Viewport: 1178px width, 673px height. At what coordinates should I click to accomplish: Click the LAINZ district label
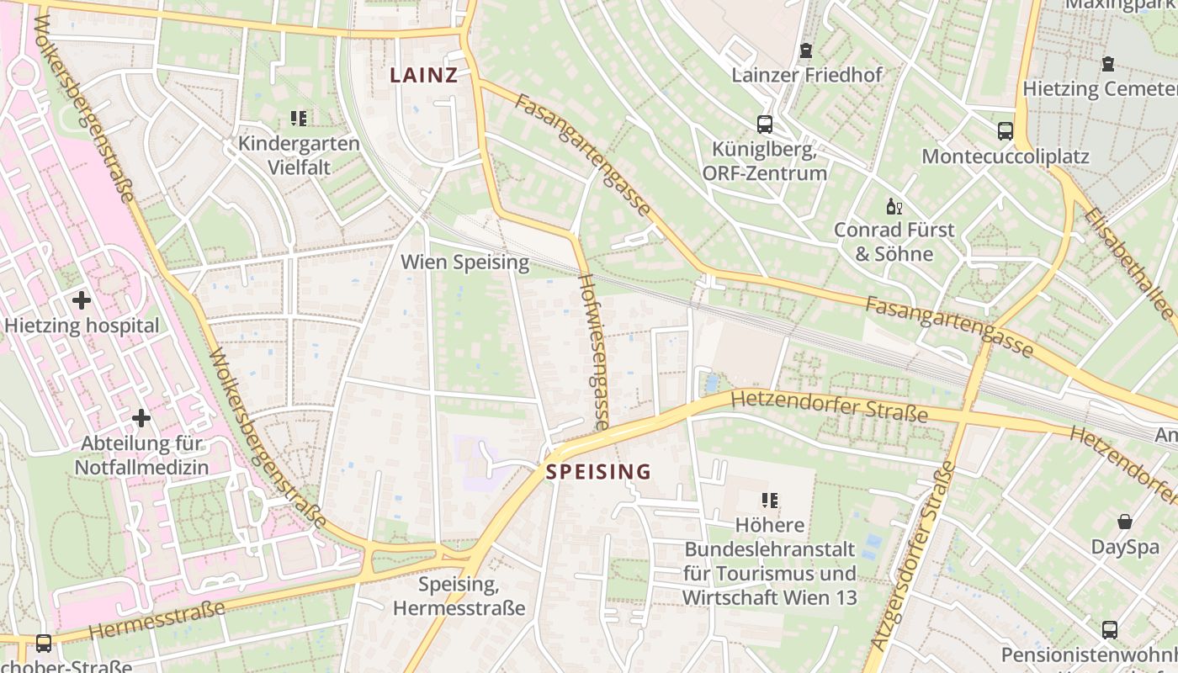click(423, 75)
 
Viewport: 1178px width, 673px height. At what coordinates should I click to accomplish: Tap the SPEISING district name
click(598, 472)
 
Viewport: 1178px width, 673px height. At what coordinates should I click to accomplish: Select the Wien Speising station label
click(464, 262)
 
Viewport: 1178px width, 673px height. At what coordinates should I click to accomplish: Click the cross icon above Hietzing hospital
click(82, 299)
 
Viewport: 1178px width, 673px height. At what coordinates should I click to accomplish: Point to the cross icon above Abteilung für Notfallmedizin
click(141, 417)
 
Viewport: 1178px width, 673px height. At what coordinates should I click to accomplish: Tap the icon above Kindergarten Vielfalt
click(299, 119)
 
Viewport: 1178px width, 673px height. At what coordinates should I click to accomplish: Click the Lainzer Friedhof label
click(806, 75)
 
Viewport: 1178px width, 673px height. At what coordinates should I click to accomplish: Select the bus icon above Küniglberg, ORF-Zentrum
click(765, 125)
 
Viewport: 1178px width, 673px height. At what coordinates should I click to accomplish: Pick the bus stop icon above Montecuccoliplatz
click(1006, 130)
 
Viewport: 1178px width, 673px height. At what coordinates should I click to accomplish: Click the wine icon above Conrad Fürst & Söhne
click(894, 206)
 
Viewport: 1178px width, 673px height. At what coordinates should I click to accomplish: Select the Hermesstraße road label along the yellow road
click(157, 618)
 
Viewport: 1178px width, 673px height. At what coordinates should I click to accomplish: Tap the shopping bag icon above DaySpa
click(1125, 522)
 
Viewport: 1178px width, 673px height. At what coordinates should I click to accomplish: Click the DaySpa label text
click(1125, 548)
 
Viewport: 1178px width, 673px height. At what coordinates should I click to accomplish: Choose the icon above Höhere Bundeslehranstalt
click(769, 501)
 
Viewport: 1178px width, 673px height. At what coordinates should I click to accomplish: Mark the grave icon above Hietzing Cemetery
click(1108, 64)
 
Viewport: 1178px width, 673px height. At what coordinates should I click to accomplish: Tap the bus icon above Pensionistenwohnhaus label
click(1110, 629)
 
